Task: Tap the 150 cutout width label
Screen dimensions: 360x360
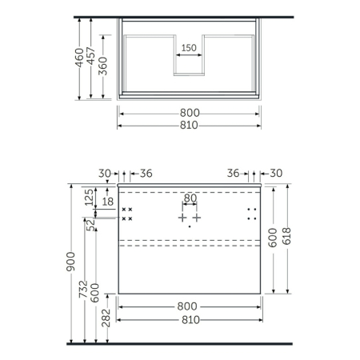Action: point(189,48)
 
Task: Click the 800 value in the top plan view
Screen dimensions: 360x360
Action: point(190,113)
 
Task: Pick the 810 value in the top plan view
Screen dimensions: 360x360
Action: point(190,125)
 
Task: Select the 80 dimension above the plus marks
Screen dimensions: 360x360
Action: point(190,198)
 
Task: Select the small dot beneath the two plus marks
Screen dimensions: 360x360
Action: point(190,226)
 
